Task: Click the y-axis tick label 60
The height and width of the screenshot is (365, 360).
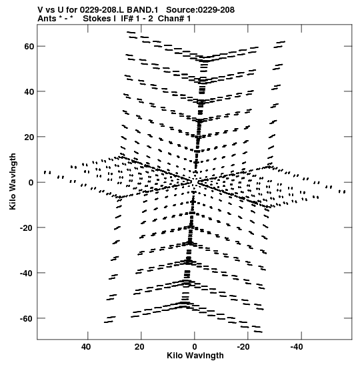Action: tap(29, 46)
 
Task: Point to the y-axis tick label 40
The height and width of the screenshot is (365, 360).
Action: tap(29, 91)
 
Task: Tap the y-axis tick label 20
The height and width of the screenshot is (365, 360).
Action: tap(29, 137)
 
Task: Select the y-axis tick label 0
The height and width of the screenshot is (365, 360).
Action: tap(31, 182)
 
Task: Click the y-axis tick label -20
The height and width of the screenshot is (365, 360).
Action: tap(27, 228)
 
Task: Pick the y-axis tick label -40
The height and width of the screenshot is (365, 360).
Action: tap(27, 273)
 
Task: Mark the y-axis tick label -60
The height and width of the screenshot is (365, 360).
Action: tap(27, 318)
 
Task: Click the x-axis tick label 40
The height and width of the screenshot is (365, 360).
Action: tap(86, 347)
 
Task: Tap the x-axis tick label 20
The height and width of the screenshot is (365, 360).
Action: tap(139, 347)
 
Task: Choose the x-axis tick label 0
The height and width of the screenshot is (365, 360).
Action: tap(195, 347)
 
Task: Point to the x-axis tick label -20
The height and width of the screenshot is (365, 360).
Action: tap(243, 347)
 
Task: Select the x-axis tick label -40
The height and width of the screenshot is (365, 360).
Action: tap(297, 347)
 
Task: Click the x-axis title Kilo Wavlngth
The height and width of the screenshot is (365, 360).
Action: tap(195, 356)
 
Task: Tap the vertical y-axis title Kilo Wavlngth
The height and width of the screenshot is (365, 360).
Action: tap(13, 181)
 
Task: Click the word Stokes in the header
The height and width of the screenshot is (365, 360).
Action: tap(97, 19)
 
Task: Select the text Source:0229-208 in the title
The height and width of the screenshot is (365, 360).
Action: tap(200, 10)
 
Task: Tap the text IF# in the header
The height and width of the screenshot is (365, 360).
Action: tap(127, 19)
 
